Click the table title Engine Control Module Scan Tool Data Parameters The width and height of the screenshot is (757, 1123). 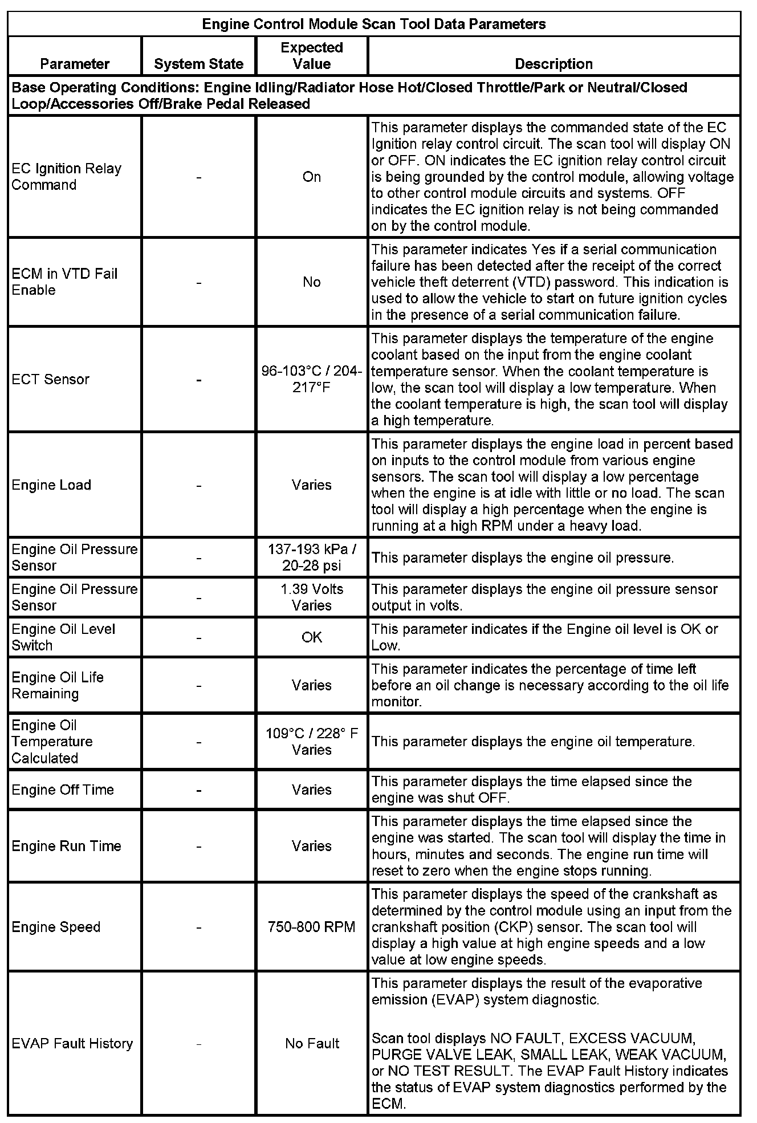tap(374, 24)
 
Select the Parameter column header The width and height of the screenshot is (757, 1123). tap(75, 64)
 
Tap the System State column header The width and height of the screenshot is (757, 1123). tap(198, 64)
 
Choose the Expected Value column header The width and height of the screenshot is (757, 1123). tap(312, 56)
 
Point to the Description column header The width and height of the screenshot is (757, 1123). tap(553, 64)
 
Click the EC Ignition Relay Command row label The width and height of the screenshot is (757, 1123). tap(66, 177)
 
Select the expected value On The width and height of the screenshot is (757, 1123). tap(312, 177)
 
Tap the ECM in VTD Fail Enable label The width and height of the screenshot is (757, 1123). tap(64, 282)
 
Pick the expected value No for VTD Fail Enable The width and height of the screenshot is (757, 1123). tap(312, 282)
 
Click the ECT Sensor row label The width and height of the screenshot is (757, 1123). tap(50, 379)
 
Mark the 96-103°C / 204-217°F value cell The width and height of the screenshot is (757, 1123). tap(312, 379)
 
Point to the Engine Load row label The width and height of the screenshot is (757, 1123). tap(51, 485)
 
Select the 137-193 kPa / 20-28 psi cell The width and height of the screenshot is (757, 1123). tap(312, 557)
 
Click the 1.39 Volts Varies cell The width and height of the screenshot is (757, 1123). tap(312, 597)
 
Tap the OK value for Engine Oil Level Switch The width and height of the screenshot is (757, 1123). tap(312, 637)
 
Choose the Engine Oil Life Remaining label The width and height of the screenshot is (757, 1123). tap(58, 685)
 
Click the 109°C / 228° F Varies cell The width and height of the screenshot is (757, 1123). tap(312, 741)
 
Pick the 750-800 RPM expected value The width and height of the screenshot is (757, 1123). tap(312, 927)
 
